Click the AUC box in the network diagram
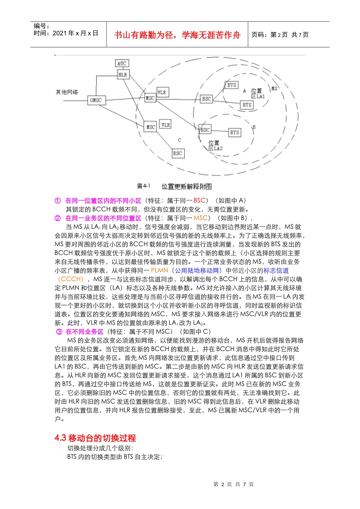[x=122, y=63]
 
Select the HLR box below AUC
[x=123, y=75]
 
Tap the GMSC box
[x=95, y=100]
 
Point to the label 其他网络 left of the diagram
[x=67, y=92]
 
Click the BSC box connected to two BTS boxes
[x=207, y=99]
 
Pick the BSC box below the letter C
[x=177, y=153]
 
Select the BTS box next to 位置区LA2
[x=235, y=133]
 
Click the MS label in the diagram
[x=274, y=88]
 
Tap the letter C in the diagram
[x=180, y=140]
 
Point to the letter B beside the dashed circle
[x=254, y=127]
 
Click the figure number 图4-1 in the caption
[x=144, y=186]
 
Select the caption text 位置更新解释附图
[x=186, y=186]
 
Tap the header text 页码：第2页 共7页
[x=280, y=35]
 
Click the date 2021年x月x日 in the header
[x=75, y=33]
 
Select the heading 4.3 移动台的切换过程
[x=95, y=438]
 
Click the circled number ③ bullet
[x=59, y=332]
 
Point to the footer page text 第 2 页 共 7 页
[x=233, y=484]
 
